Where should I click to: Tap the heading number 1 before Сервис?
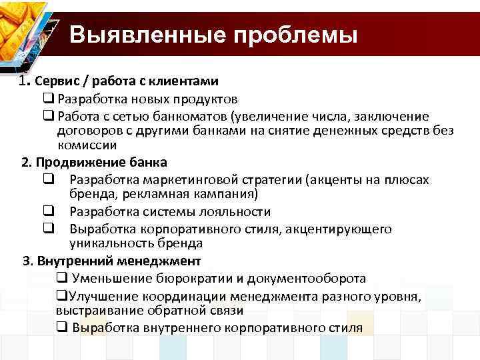25,81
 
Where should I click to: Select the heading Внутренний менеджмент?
119,261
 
